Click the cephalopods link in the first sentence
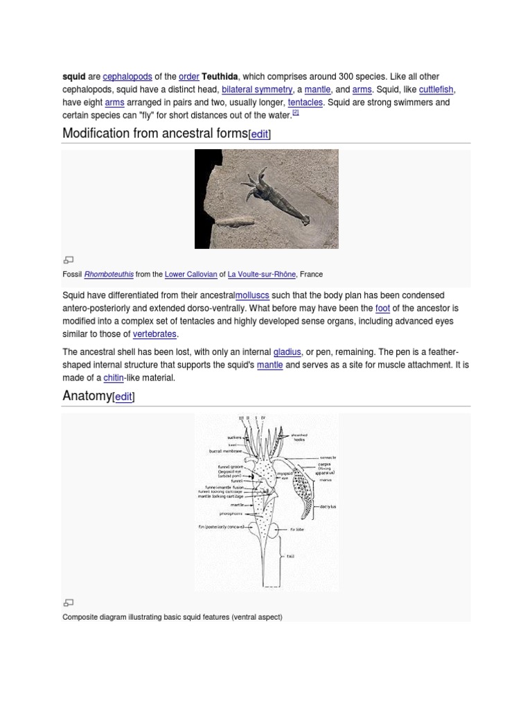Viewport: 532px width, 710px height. (127, 76)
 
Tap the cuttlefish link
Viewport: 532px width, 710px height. (436, 89)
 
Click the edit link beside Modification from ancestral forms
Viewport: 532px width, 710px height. (259, 135)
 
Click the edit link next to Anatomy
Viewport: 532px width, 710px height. (123, 397)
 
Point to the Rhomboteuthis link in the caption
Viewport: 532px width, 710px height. (109, 274)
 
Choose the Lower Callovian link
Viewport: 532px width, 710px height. (190, 274)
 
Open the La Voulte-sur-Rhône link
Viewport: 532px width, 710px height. (262, 274)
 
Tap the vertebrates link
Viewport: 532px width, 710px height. (154, 334)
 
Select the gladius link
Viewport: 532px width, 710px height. (287, 352)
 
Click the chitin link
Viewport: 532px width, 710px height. (113, 378)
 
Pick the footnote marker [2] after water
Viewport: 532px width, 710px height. (295, 112)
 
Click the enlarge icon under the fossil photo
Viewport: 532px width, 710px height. (68, 260)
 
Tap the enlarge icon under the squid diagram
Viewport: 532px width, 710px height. (68, 603)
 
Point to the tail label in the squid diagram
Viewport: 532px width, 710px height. (291, 555)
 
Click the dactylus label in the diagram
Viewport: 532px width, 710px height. (328, 507)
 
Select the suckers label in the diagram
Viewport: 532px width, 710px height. (236, 438)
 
